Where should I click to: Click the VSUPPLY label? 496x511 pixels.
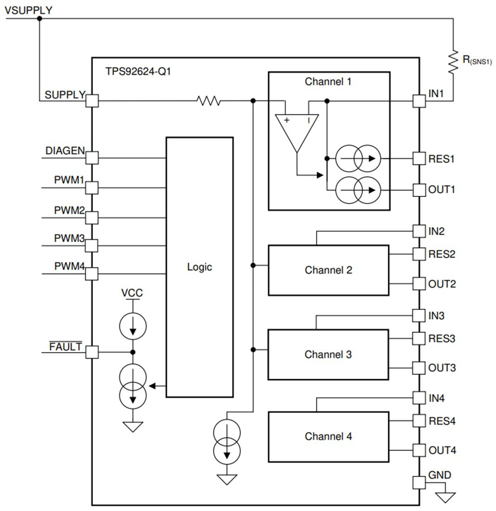pos(28,10)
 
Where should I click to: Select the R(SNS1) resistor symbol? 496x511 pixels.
pos(453,61)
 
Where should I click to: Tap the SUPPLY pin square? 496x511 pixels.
pos(93,100)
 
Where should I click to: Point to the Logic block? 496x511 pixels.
pos(199,267)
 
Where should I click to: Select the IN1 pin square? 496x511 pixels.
pos(419,100)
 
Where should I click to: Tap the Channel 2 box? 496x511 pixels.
pos(328,270)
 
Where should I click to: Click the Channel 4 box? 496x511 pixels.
pos(328,436)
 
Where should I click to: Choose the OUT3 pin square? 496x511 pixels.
pos(419,368)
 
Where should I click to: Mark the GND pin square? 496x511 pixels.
pos(419,482)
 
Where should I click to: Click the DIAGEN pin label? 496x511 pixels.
pos(65,151)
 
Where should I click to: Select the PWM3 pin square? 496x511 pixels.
pos(92,245)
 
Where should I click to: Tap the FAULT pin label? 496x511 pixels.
pos(66,347)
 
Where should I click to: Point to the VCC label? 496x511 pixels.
pos(132,293)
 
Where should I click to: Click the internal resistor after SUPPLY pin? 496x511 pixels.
pos(209,100)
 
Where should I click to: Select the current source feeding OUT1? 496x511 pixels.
pos(358,190)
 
